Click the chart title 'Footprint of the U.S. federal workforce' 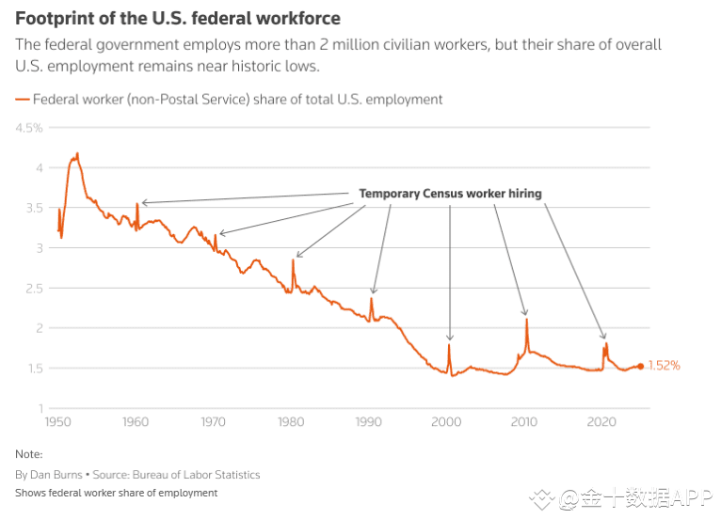(178, 19)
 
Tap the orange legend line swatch (22, 99)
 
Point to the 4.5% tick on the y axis (28, 127)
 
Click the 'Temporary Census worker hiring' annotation (450, 194)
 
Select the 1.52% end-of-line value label (664, 366)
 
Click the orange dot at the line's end (641, 366)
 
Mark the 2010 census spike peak (526, 320)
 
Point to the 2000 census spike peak (449, 345)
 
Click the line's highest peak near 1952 (77, 153)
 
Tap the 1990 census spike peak (371, 299)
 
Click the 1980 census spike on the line (293, 260)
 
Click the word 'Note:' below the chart (28, 454)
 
